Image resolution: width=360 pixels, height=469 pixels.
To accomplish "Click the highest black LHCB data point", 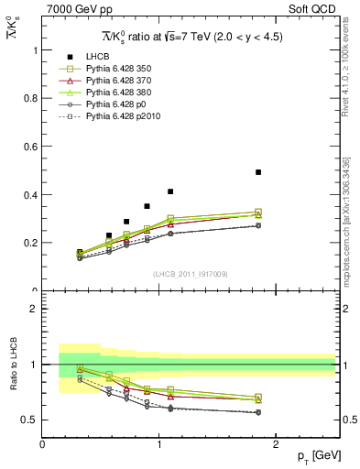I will pyautogui.click(x=258, y=172).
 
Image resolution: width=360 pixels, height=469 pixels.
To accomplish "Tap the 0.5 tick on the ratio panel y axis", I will pyautogui.click(x=43, y=420).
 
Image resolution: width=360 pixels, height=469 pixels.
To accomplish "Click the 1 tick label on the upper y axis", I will pyautogui.click(x=35, y=50).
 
